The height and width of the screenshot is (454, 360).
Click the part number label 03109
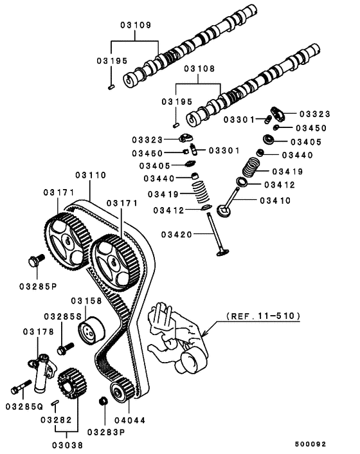pos(134,26)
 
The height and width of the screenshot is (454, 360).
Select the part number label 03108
pos(199,68)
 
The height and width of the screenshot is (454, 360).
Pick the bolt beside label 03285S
pos(62,350)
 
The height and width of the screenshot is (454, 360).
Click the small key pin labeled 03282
pos(55,403)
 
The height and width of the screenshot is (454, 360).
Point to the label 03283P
pos(105,431)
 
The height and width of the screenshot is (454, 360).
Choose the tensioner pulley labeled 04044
pos(118,392)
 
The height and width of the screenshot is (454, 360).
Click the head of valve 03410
pos(226,212)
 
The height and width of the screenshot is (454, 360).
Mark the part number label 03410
pos(275,201)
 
